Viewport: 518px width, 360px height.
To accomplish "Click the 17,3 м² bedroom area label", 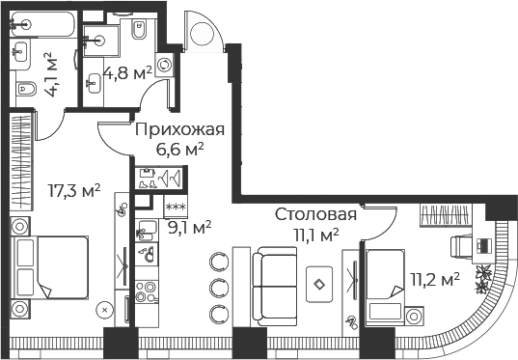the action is pos(74,191).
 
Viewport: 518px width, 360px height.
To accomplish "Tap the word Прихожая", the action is pos(179,129).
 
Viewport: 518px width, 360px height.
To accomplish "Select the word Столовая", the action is pos(315,214).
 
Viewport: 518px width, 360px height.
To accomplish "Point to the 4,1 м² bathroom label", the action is pos(50,74).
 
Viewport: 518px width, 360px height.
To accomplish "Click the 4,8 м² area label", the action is pos(127,73).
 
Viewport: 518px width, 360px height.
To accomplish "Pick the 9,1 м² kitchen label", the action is pos(190,228).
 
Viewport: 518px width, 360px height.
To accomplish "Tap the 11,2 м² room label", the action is pos(435,280).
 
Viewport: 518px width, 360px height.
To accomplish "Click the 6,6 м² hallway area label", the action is pos(179,150).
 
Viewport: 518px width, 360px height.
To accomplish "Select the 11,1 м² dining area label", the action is pos(316,235).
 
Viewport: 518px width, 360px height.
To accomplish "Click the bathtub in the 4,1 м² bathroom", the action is pos(42,24).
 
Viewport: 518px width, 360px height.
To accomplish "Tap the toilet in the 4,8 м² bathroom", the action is pos(140,29).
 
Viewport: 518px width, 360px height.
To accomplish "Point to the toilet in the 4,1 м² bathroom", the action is pos(25,89).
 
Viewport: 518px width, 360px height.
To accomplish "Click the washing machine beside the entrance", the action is pos(164,65).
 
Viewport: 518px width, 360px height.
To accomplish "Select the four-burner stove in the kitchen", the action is pos(147,291).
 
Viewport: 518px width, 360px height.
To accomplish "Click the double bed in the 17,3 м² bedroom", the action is pos(50,267).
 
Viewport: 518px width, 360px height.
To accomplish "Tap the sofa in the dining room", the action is pos(274,287).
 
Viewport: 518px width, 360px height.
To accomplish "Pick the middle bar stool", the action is pos(219,287).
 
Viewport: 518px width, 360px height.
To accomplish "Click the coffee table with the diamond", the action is pos(319,285).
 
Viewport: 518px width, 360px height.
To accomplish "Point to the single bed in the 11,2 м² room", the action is pos(385,288).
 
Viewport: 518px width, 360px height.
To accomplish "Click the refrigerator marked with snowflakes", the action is pos(176,207).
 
